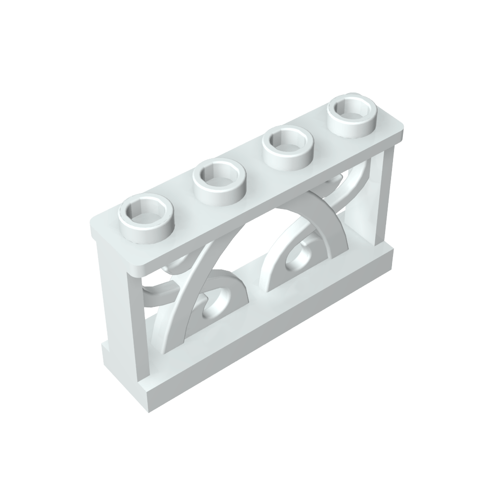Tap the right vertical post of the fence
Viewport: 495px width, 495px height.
(385, 198)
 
